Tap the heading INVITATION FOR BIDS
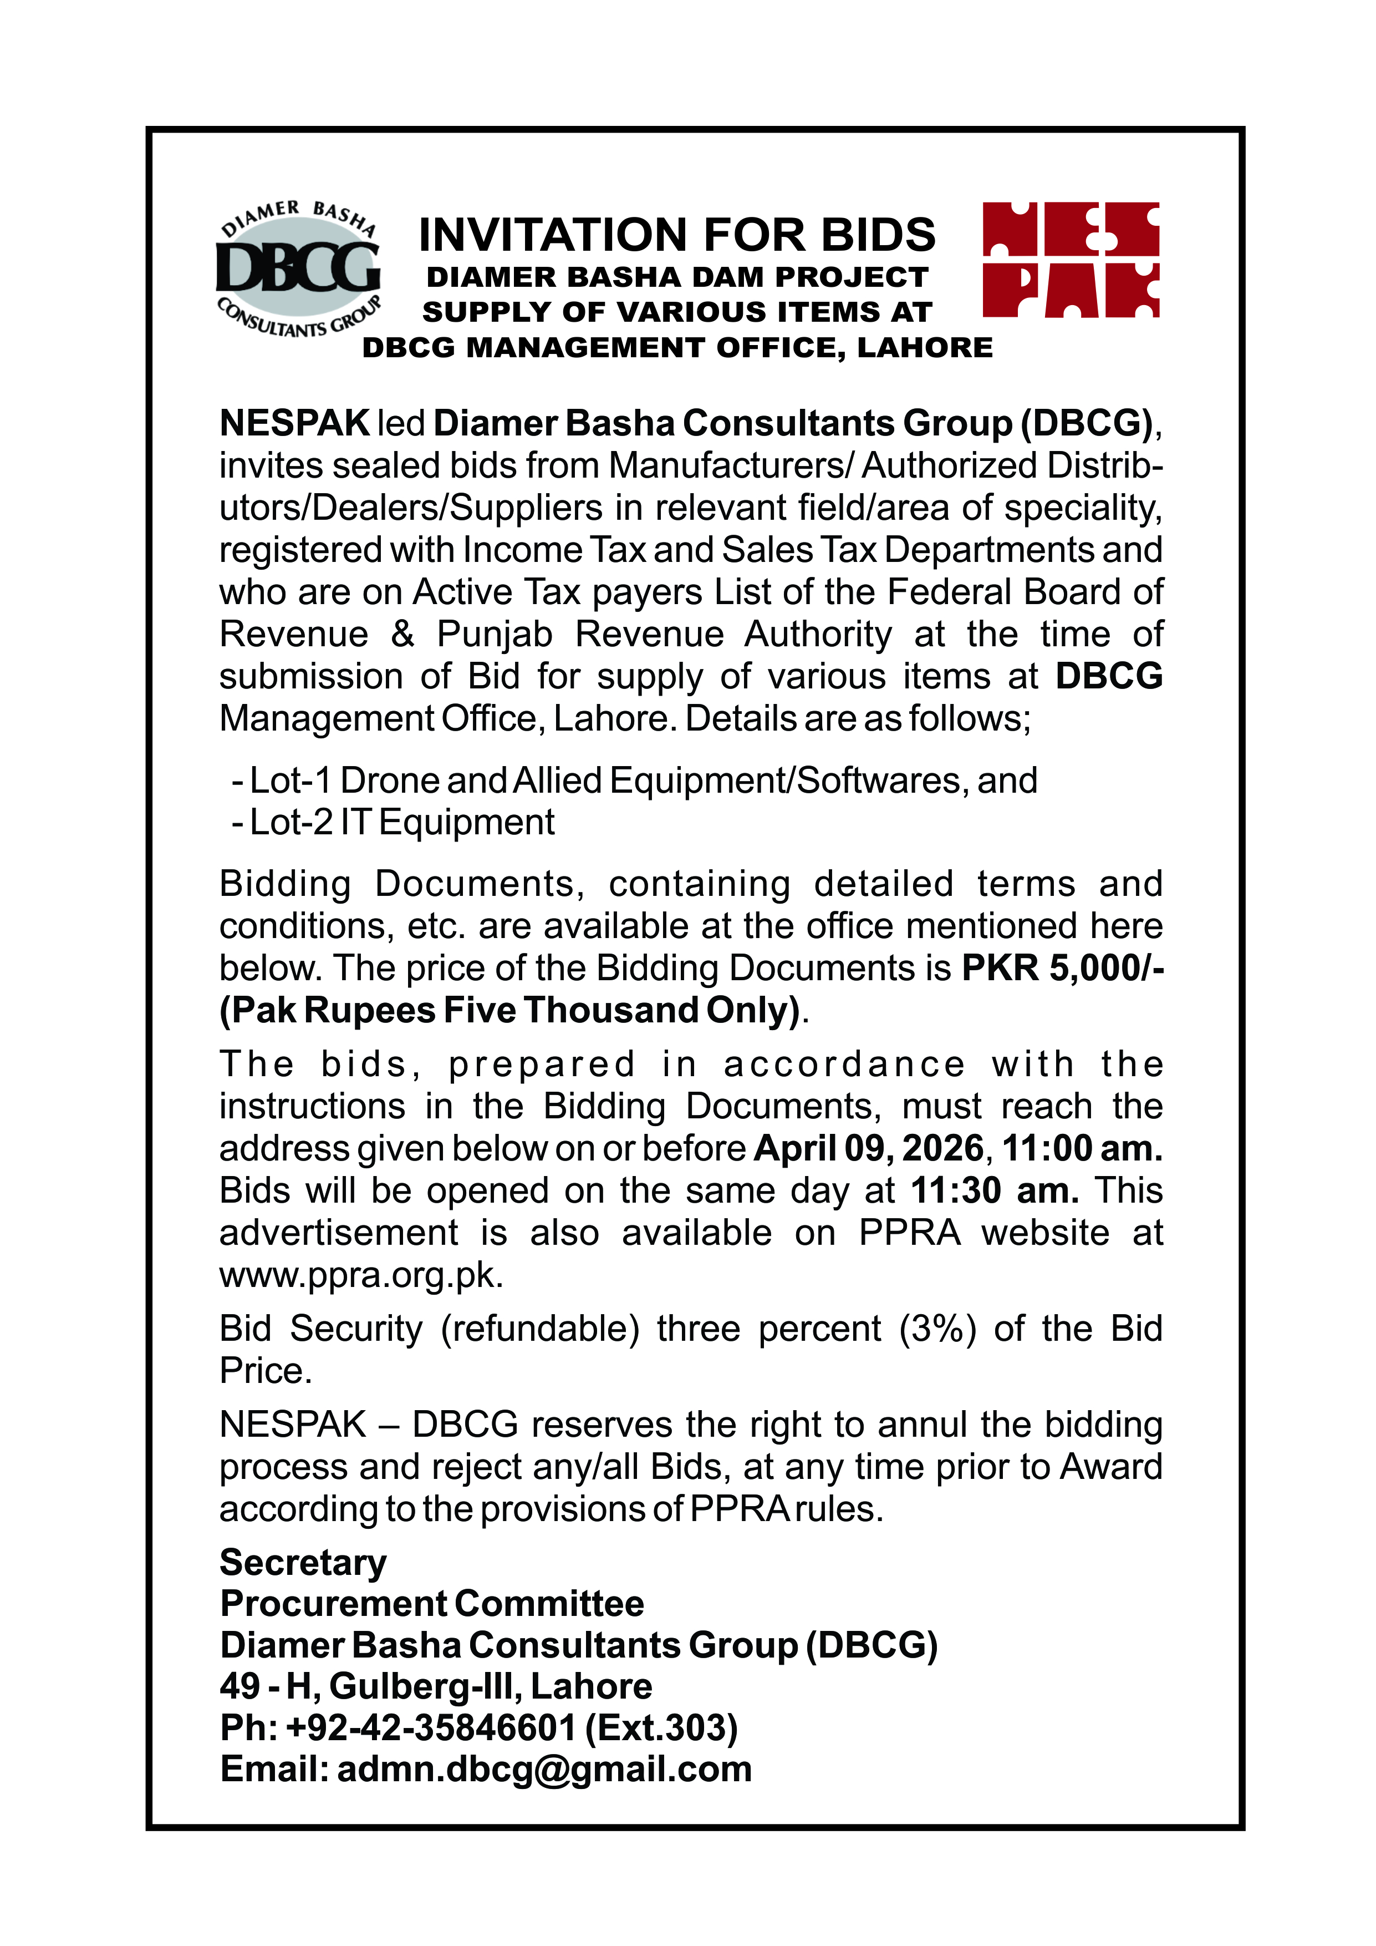(677, 235)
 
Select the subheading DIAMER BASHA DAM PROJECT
(677, 277)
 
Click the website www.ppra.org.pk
(361, 1275)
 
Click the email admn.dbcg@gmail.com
(544, 1770)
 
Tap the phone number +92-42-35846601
(430, 1727)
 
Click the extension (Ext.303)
(661, 1727)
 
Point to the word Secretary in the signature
(303, 1562)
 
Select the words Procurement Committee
(431, 1604)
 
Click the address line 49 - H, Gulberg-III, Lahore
(436, 1686)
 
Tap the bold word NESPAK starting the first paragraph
(294, 423)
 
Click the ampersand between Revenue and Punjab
(402, 634)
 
